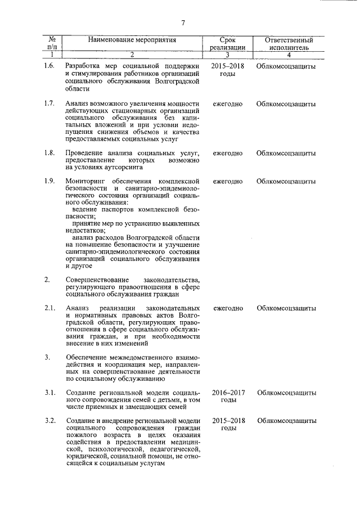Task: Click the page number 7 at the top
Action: coord(183,22)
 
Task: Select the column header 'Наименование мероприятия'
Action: coord(132,40)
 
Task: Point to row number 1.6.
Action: coord(49,66)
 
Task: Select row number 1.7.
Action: coord(49,104)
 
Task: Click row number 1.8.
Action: coord(49,153)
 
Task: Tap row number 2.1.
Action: coord(49,308)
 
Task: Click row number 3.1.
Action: coord(49,392)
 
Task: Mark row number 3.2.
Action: coord(49,421)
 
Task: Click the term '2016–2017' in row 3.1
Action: coord(228,392)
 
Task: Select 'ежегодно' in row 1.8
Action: coord(228,153)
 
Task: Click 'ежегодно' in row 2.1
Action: coord(228,308)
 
